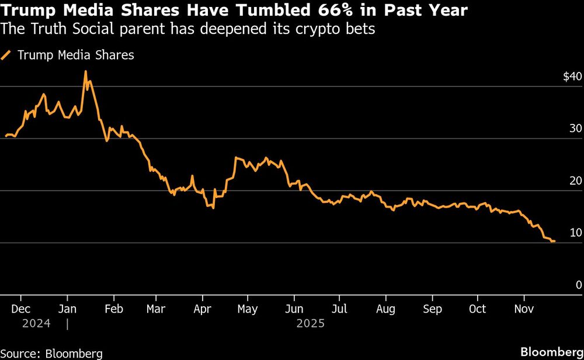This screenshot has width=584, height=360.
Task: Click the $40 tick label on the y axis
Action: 572,77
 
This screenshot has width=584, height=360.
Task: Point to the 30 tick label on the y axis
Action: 576,129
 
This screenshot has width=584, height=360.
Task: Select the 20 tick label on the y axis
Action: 576,181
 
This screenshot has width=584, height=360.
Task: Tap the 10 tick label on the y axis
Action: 576,233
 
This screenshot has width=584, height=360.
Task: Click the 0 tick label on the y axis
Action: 579,285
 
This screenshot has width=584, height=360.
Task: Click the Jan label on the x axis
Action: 67,309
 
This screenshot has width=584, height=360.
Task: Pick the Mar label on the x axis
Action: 155,309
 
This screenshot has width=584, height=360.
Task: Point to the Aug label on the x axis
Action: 385,309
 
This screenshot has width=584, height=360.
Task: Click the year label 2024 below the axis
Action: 36,323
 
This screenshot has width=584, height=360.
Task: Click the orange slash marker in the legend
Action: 7,56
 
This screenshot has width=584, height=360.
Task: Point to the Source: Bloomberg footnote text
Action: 51,352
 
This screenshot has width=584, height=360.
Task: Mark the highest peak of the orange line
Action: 85,71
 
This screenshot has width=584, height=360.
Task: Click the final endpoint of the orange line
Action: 554,241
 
